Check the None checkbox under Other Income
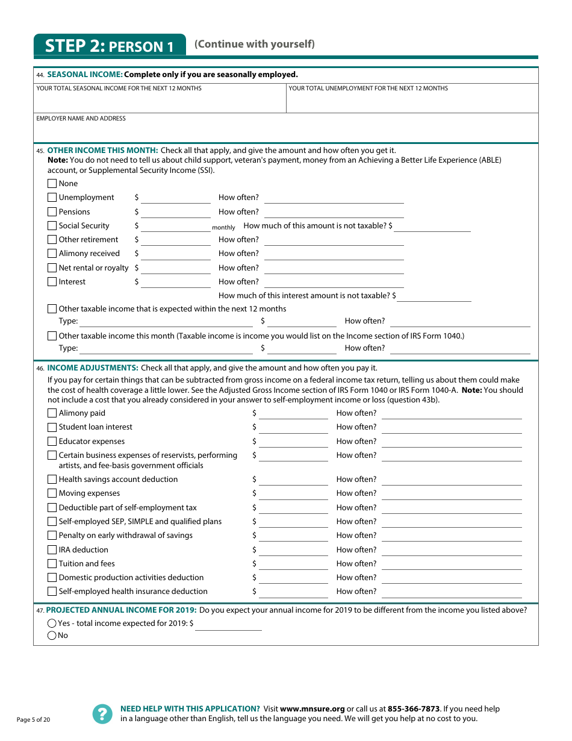tap(52, 184)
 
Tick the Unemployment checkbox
tap(52, 198)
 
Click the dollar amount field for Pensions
tap(176, 212)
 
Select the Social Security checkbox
tap(52, 226)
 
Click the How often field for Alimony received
tap(334, 254)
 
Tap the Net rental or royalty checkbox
tap(52, 268)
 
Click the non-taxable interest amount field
tap(434, 296)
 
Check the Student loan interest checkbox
tap(52, 427)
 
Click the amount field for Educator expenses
tap(293, 442)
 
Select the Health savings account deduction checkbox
tap(52, 480)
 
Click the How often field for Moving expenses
tap(452, 493)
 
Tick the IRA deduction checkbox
tap(52, 550)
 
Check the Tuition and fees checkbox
tap(52, 564)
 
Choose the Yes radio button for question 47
tap(52, 624)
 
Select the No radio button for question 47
tap(52, 636)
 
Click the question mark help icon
tap(102, 714)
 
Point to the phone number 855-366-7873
tap(413, 709)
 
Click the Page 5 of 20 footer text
tap(33, 720)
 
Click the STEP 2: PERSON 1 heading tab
tap(110, 46)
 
